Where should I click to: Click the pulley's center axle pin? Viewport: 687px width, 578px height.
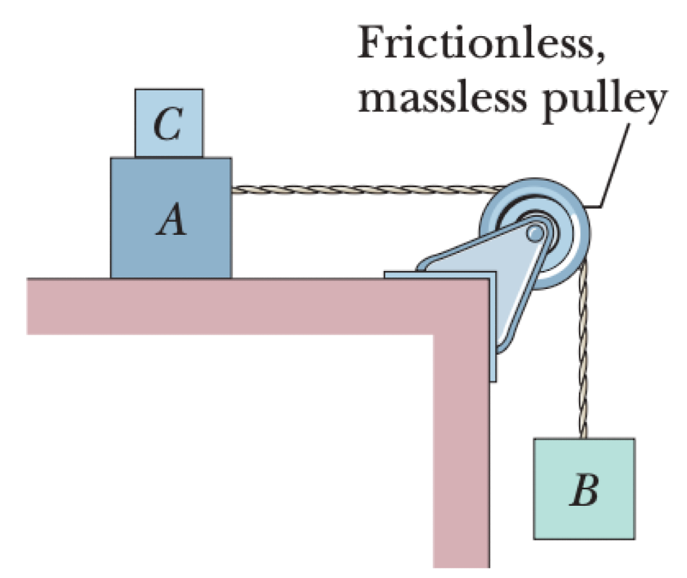coord(534,233)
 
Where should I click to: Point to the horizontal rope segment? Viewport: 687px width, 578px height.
coord(361,189)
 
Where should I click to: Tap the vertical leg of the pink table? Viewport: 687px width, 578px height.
coord(462,448)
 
